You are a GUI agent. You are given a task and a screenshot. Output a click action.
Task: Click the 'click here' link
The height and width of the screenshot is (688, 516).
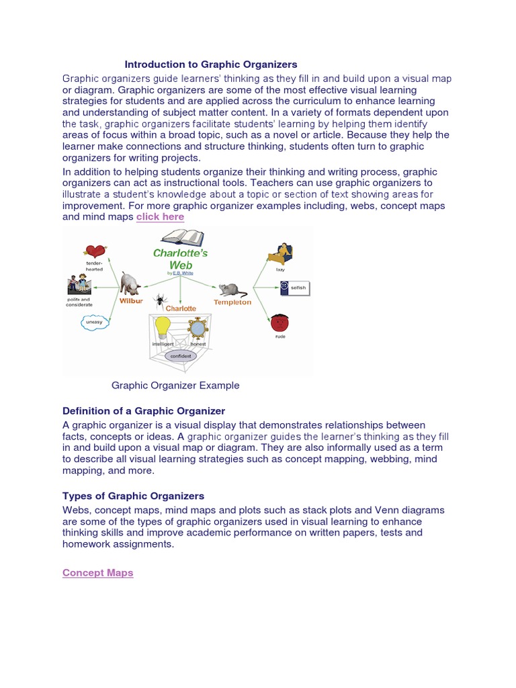(160, 217)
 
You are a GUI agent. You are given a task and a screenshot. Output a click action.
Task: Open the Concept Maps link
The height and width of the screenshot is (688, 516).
(97, 572)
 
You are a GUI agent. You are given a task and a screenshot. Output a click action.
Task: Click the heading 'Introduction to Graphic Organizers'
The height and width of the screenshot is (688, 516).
(210, 64)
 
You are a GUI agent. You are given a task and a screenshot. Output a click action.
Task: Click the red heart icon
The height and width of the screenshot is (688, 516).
(95, 251)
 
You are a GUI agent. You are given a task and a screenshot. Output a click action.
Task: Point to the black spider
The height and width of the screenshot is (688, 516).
(161, 299)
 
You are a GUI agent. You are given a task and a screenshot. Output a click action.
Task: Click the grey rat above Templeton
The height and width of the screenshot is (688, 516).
(231, 289)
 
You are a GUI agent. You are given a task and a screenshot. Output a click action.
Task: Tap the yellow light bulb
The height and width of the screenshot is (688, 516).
(163, 327)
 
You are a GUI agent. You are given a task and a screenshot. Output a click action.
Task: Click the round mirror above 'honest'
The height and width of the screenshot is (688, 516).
(198, 329)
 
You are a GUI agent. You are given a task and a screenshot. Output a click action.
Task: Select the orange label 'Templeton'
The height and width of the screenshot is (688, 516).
(232, 302)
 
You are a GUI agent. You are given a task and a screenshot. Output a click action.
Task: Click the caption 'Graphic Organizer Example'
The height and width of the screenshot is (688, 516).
(175, 386)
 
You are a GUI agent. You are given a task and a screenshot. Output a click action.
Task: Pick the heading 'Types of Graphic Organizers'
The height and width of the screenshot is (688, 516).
(133, 496)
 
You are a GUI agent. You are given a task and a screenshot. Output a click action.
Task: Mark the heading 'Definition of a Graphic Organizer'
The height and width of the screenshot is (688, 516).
(144, 411)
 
